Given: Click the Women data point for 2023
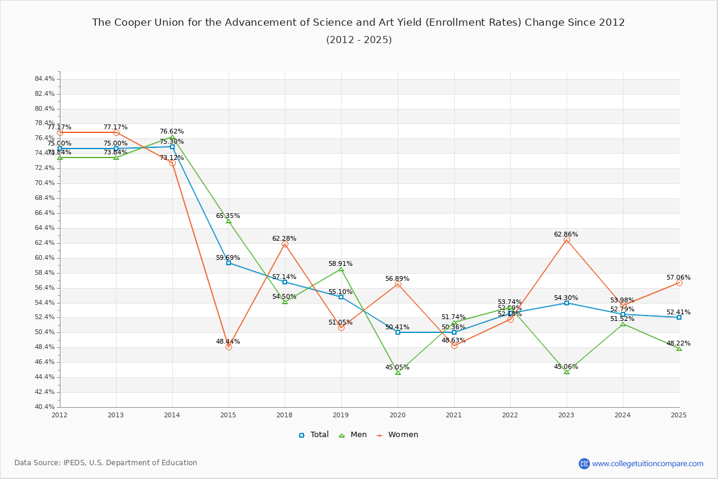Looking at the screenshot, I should click(567, 240).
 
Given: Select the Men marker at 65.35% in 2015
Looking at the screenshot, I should click(229, 221).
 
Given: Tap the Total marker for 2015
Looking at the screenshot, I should click(229, 263).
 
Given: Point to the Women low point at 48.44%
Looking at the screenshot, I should click(229, 347).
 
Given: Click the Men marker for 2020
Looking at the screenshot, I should click(398, 372).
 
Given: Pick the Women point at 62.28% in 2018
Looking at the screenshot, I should click(285, 244).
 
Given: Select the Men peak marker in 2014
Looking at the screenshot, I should click(172, 137).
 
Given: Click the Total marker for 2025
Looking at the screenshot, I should click(679, 317).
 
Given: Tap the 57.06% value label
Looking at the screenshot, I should click(679, 278).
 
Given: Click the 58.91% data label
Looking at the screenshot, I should click(340, 264).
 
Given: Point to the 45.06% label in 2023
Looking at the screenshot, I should click(566, 367).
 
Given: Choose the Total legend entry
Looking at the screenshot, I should click(314, 435).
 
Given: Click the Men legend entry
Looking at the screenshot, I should click(352, 435).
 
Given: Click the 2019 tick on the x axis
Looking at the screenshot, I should click(341, 414).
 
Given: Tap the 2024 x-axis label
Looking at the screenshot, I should click(623, 414).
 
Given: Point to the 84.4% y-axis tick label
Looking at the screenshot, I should click(45, 79).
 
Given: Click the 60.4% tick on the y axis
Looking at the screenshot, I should click(45, 258).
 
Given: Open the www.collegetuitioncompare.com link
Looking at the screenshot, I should click(647, 463).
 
